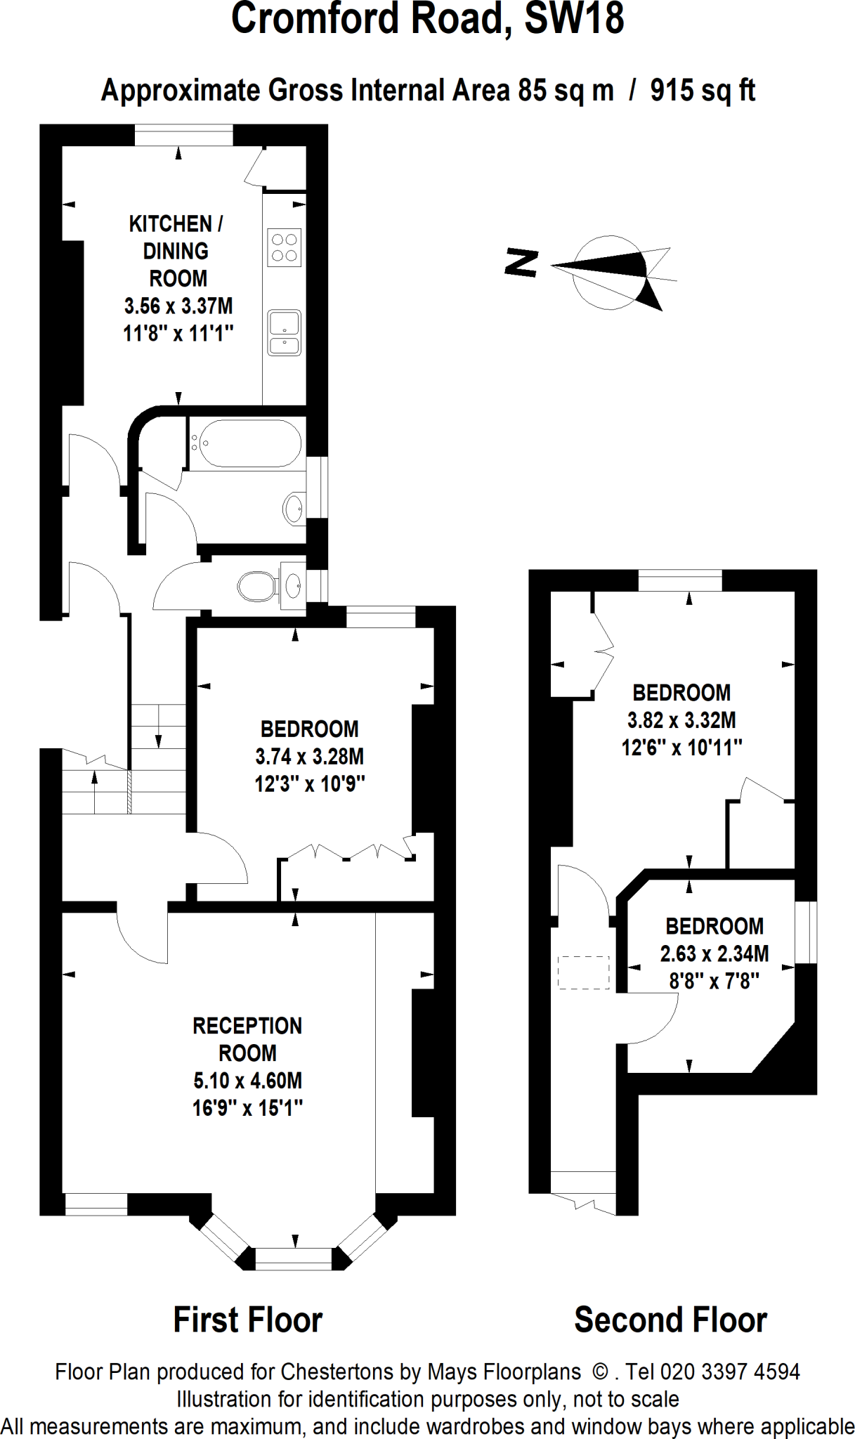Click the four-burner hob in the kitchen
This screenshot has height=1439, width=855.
click(x=284, y=247)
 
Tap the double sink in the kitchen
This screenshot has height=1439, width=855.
click(x=284, y=333)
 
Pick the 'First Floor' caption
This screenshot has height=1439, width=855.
click(x=247, y=1320)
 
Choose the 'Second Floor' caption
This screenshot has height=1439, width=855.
click(x=670, y=1320)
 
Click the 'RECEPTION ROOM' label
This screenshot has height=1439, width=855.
click(x=247, y=1039)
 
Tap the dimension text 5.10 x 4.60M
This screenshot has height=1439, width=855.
click(x=247, y=1081)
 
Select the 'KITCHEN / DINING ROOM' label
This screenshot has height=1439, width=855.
click(x=176, y=251)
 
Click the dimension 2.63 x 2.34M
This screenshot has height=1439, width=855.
click(x=714, y=953)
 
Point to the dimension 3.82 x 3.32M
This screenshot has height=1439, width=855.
click(x=681, y=720)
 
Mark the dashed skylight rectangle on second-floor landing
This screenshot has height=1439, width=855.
click(x=583, y=972)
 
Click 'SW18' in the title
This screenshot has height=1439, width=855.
click(x=574, y=19)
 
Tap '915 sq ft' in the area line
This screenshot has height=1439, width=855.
click(x=702, y=91)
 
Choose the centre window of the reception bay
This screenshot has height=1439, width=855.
click(x=293, y=1258)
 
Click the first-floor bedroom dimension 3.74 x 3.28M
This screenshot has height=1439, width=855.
click(x=309, y=757)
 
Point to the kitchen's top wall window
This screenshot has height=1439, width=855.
click(x=183, y=135)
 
